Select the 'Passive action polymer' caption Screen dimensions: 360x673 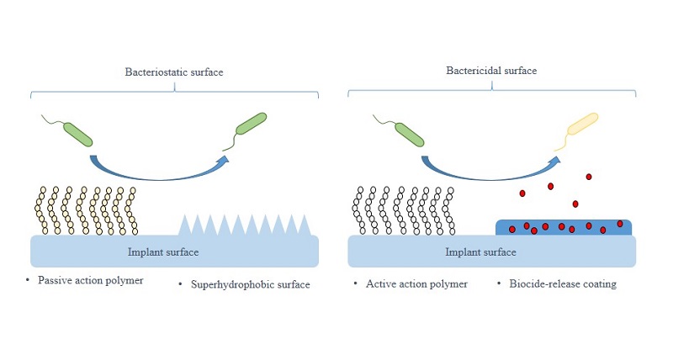84,279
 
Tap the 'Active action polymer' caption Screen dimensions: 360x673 416,283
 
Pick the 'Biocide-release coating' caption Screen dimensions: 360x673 562,283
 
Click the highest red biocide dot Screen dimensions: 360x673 589,176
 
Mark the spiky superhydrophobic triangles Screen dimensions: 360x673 244,225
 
